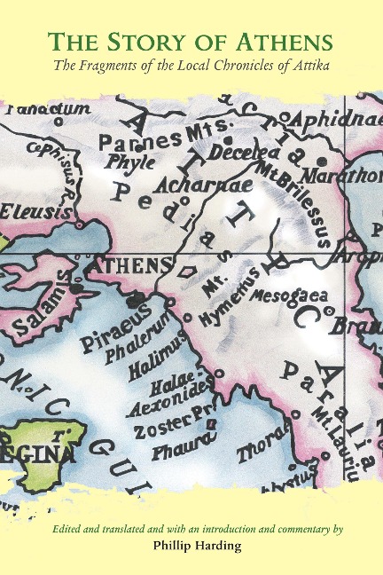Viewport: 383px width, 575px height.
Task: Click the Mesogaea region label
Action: (289, 295)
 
